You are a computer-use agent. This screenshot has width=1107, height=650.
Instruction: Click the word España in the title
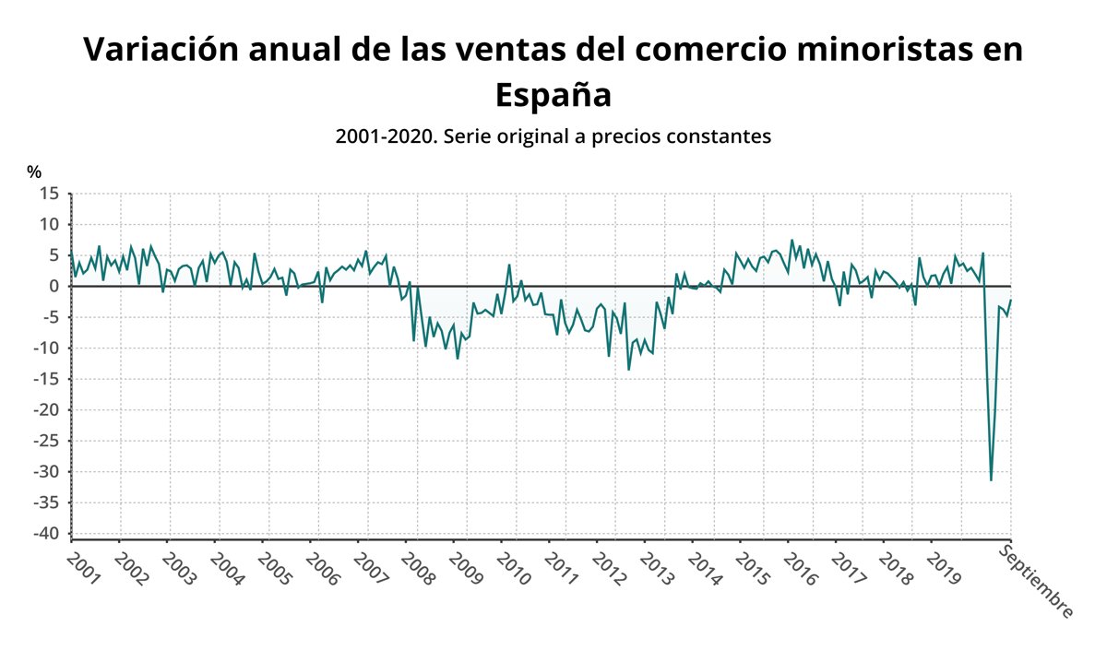point(553,94)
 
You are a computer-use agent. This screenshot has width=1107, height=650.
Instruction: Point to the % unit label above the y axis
point(34,172)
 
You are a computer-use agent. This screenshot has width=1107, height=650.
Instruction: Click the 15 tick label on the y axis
point(49,194)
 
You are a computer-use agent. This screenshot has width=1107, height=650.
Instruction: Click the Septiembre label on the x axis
point(1036,582)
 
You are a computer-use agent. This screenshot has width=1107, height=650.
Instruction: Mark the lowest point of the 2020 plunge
point(991,480)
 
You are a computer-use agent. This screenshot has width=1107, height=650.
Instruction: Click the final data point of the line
point(1011,300)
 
